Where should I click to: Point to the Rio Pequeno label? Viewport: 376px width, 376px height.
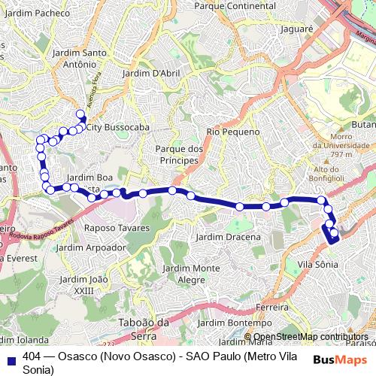click(x=221, y=132)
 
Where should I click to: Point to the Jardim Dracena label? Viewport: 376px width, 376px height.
click(x=227, y=237)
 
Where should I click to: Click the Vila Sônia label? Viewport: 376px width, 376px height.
click(x=317, y=264)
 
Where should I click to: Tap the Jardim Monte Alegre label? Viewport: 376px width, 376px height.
click(x=191, y=273)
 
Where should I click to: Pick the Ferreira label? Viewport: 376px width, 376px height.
click(x=272, y=308)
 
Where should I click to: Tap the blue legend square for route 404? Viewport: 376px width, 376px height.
click(x=11, y=356)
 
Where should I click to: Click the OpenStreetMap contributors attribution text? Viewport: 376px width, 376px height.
click(x=312, y=337)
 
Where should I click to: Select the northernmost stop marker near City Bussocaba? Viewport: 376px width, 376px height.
click(x=80, y=114)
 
